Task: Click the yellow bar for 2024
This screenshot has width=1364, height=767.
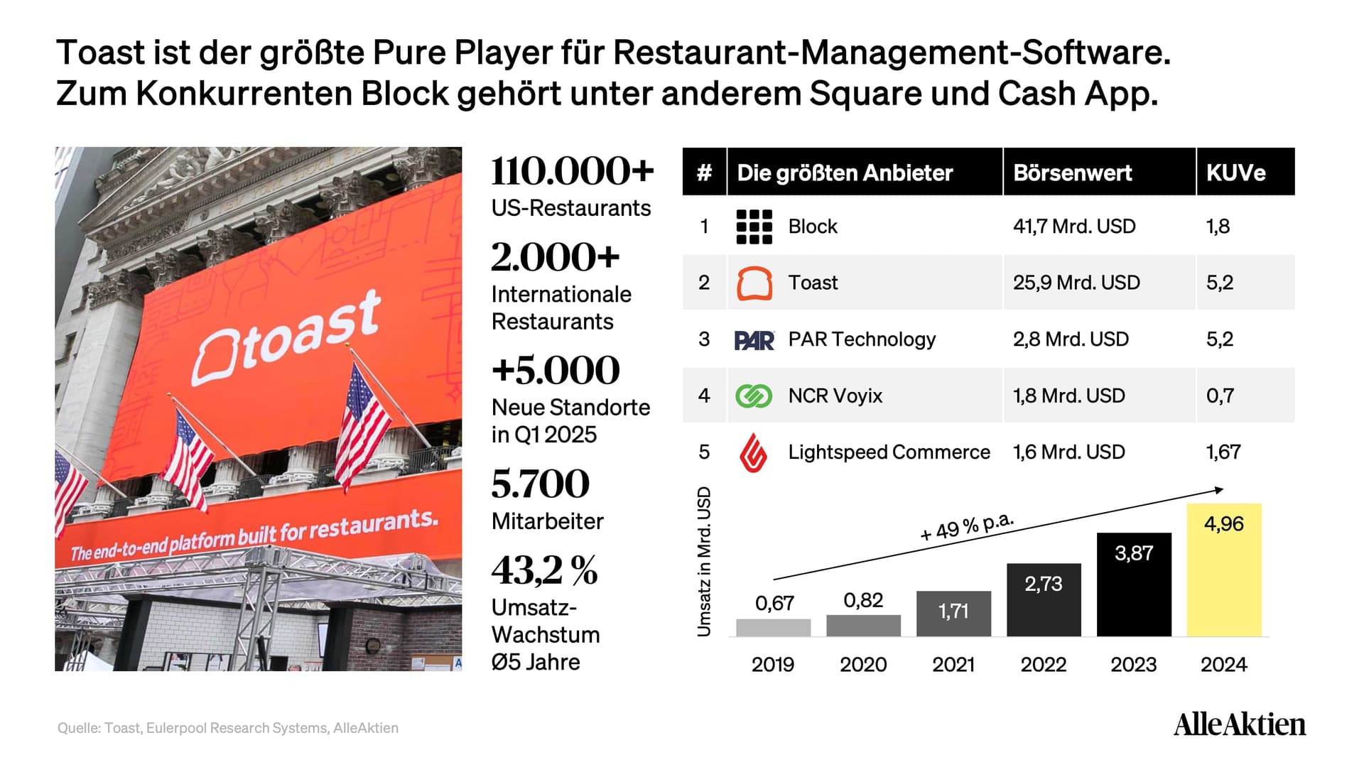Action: click(1224, 570)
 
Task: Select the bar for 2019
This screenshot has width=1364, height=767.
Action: click(773, 628)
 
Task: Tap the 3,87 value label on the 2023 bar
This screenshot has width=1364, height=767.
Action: click(1134, 553)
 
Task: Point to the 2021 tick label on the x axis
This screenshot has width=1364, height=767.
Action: click(953, 665)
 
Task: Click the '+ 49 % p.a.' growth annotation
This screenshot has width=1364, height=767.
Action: click(967, 526)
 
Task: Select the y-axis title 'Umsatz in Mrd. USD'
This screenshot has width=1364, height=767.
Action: click(704, 562)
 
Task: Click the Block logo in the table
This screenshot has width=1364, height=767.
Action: click(754, 227)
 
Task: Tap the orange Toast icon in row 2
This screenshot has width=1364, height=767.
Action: click(754, 283)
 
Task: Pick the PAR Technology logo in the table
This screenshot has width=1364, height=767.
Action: click(754, 340)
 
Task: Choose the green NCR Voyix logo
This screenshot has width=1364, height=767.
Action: click(754, 396)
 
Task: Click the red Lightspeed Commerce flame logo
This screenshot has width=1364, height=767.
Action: click(754, 452)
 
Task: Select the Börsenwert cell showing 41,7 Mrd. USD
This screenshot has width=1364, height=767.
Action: click(1074, 227)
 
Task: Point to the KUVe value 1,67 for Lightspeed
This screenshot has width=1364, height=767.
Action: click(1223, 452)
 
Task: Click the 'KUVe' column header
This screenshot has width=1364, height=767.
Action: click(1235, 173)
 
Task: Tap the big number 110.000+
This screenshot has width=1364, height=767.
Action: click(572, 170)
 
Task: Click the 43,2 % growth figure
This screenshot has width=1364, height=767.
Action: click(544, 570)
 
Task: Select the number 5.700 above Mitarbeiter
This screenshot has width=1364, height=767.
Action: click(540, 484)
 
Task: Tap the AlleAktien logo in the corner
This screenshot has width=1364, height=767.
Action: click(1240, 724)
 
